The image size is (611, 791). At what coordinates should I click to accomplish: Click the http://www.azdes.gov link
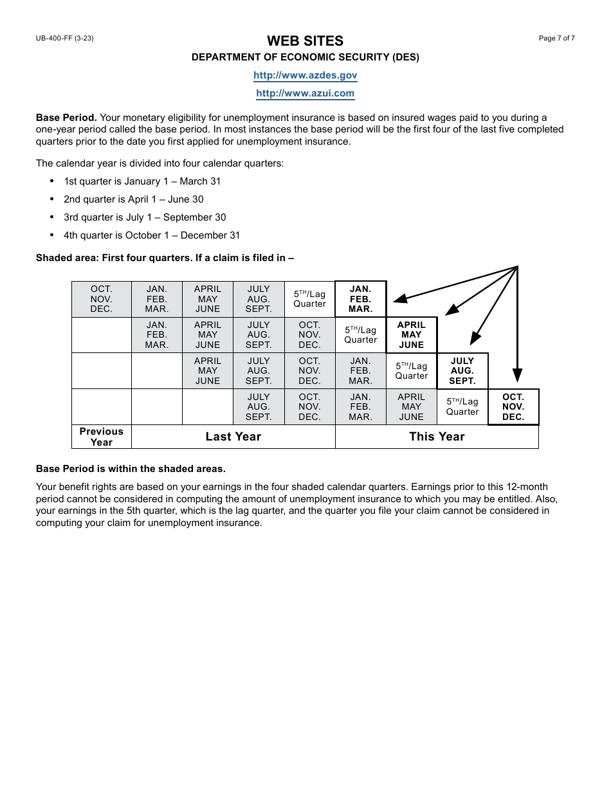[x=305, y=75]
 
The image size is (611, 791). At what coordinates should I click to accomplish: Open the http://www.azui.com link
[x=305, y=93]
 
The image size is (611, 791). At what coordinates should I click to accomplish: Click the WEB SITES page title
[x=305, y=41]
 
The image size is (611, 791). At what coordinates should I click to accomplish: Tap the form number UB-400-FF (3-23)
[x=65, y=39]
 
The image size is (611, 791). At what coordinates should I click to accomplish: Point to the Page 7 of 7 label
[x=556, y=39]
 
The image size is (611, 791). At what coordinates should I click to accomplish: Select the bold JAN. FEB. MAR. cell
[x=360, y=299]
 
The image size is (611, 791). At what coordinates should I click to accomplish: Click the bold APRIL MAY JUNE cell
[x=411, y=335]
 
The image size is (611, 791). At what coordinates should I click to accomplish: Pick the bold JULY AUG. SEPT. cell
[x=462, y=371]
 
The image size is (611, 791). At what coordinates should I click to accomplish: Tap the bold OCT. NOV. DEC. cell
[x=513, y=407]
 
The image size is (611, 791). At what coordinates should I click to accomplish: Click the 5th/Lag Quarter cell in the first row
[x=309, y=299]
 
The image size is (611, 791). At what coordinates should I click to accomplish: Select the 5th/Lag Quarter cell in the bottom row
[x=462, y=407]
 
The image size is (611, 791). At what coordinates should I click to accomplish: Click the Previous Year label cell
[x=101, y=437]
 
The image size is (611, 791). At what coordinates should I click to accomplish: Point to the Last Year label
[x=233, y=437]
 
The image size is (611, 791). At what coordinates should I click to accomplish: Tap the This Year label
[x=437, y=437]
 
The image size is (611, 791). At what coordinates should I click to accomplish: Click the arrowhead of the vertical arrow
[x=517, y=376]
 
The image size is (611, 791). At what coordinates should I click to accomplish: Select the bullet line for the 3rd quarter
[x=145, y=217]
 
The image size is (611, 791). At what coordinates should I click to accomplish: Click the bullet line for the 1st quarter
[x=141, y=181]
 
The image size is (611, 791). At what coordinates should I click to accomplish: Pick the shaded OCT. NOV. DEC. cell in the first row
[x=101, y=299]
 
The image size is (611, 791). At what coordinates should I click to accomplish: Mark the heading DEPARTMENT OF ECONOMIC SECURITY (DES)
[x=305, y=57]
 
